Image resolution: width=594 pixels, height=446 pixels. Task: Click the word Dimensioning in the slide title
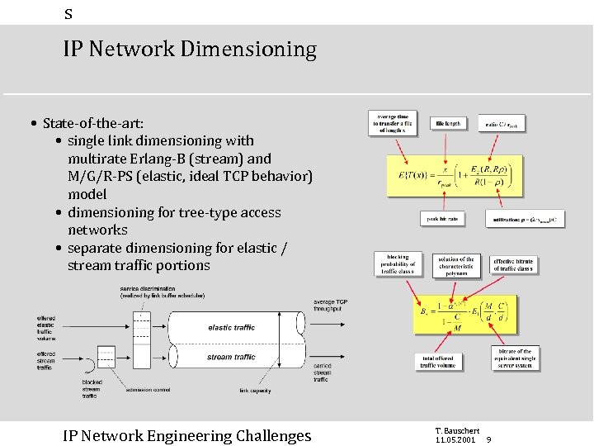tap(248, 50)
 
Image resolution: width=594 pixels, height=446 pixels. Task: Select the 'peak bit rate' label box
tap(442, 220)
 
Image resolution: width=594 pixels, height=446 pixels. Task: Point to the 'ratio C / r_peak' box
tap(501, 124)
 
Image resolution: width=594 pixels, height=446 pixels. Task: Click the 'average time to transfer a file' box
tap(393, 123)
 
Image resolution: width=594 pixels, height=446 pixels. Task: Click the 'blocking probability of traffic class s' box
tap(397, 264)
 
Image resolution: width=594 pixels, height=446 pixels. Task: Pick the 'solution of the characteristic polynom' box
tap(456, 265)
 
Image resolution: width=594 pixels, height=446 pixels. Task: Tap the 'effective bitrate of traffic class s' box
tap(514, 264)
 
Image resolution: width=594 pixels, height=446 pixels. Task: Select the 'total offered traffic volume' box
tap(438, 361)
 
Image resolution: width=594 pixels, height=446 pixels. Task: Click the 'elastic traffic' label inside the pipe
tap(231, 328)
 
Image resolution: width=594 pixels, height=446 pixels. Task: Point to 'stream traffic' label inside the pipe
tap(231, 358)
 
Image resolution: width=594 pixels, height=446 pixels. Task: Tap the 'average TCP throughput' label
tap(330, 306)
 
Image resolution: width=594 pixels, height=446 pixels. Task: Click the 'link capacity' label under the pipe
tap(256, 391)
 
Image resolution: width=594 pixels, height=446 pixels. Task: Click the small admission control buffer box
tap(106, 356)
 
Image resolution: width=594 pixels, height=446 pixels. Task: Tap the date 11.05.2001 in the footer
tap(456, 439)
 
